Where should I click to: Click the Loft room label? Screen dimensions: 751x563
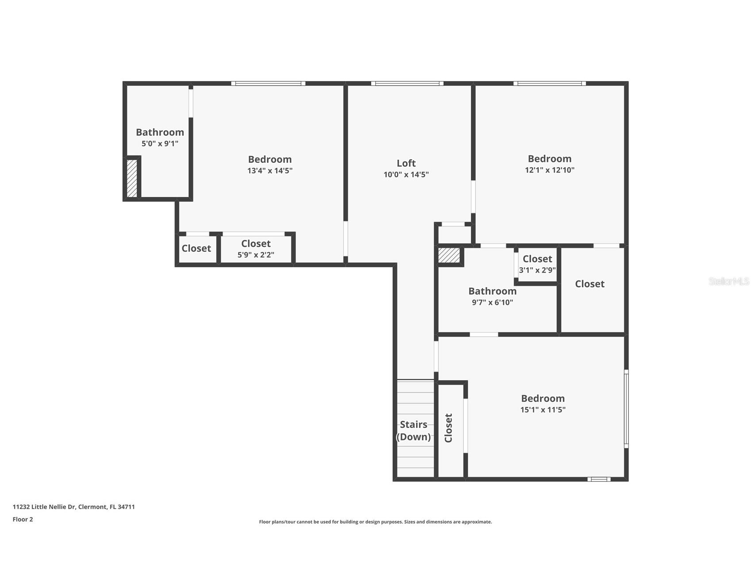[406, 163]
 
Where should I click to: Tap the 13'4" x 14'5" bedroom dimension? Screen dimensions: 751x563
[270, 170]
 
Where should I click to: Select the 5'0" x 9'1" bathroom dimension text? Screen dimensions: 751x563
[160, 143]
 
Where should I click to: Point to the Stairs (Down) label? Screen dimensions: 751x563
[413, 431]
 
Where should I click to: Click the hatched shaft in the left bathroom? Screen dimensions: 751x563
[132, 178]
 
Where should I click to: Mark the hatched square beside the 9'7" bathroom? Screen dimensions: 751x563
[449, 255]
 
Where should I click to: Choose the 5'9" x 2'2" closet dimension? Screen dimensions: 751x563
[256, 255]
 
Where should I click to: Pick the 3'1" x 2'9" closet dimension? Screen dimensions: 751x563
[537, 270]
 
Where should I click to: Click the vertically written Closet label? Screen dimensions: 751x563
[448, 428]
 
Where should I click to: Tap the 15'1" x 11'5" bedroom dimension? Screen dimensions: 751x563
[543, 409]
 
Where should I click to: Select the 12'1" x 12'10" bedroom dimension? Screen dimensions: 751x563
[550, 170]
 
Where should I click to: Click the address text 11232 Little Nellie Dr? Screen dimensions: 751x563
[44, 507]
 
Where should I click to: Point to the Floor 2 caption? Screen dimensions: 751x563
[23, 519]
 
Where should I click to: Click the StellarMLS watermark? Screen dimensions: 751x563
[729, 281]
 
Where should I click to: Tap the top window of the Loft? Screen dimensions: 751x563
[407, 83]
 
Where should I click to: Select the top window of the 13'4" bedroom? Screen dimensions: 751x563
[268, 83]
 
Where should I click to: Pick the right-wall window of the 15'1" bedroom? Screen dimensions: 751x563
[626, 409]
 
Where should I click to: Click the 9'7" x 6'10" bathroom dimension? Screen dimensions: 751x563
[493, 303]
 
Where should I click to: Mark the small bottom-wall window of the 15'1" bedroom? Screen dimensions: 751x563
[599, 479]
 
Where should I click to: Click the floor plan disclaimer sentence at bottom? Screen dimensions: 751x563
[375, 522]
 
